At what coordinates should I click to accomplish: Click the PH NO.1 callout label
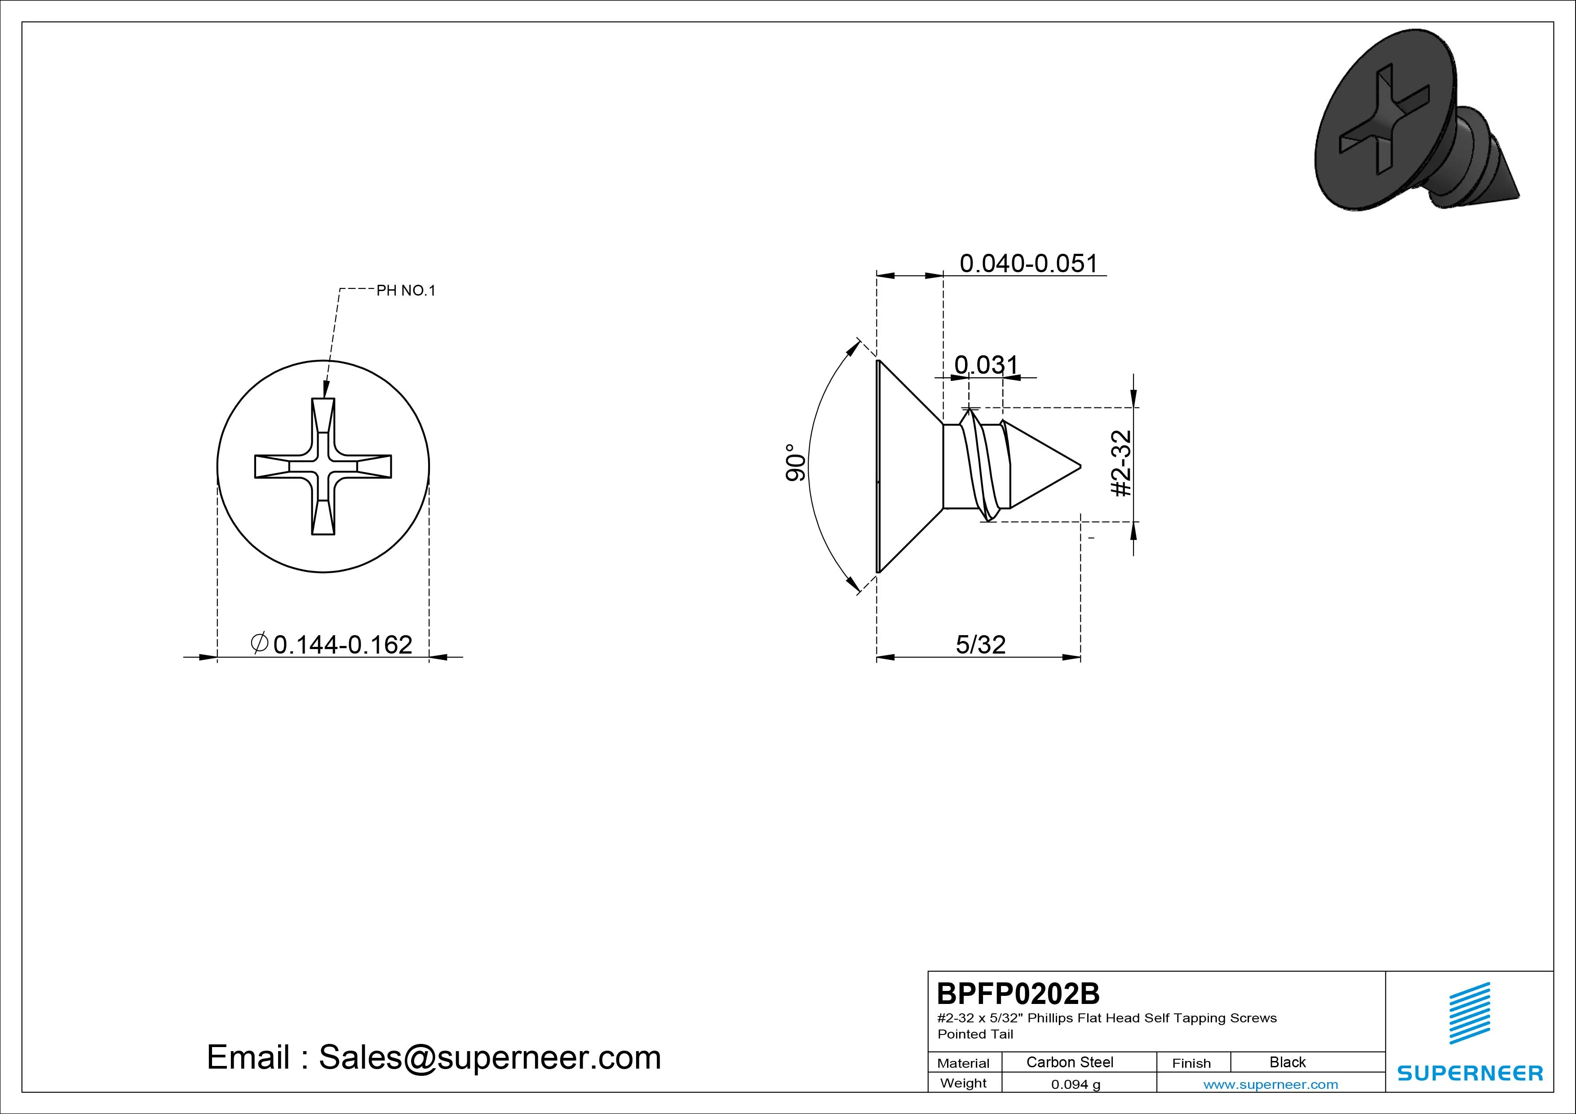click(x=406, y=290)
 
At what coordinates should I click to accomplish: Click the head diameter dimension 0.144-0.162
click(x=342, y=645)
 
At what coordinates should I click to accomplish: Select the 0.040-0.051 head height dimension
click(x=1028, y=264)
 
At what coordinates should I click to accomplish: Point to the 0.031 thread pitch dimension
click(x=987, y=364)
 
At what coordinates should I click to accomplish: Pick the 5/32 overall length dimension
click(x=980, y=645)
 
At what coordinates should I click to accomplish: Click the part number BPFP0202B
click(x=1018, y=993)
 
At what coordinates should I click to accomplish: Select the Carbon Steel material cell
click(x=1069, y=1062)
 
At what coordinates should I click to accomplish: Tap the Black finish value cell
click(x=1288, y=1062)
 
